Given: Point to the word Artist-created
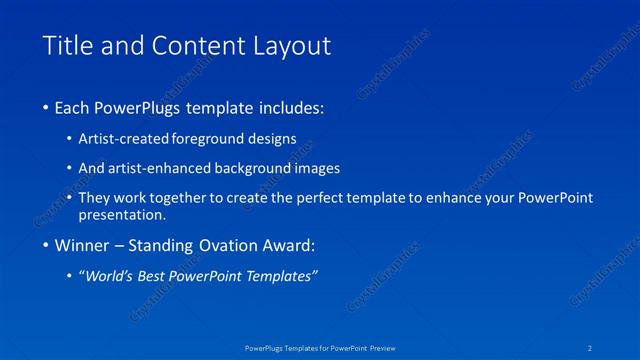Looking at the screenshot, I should [x=124, y=139].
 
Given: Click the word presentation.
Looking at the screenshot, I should [x=122, y=215].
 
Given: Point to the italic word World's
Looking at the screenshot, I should [x=110, y=277].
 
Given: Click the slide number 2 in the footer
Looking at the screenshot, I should [x=591, y=347].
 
